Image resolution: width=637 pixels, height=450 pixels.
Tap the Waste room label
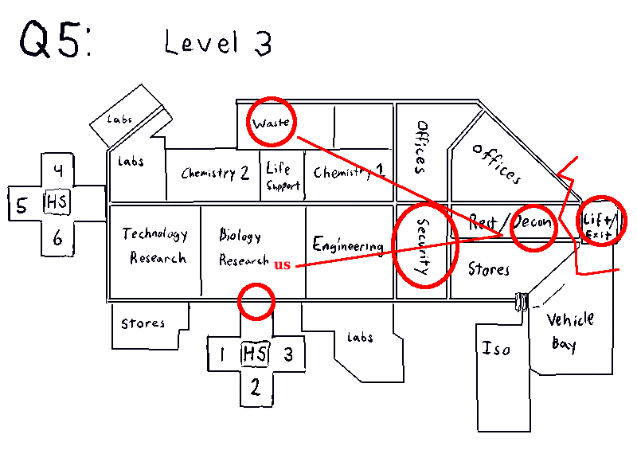[271, 124]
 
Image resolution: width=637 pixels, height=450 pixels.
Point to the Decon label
[533, 222]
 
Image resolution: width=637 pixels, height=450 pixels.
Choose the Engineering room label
[348, 245]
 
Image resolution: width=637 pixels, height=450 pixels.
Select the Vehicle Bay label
[570, 331]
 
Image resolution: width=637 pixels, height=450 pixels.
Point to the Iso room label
[496, 349]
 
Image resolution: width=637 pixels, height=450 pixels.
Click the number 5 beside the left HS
[22, 205]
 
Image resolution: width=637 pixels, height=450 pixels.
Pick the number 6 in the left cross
[58, 237]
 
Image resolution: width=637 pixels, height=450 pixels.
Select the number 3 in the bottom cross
[289, 354]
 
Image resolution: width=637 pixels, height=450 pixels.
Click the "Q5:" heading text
[54, 40]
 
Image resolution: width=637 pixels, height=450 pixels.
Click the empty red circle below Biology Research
[256, 302]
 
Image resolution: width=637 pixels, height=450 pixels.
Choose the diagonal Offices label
[495, 162]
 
